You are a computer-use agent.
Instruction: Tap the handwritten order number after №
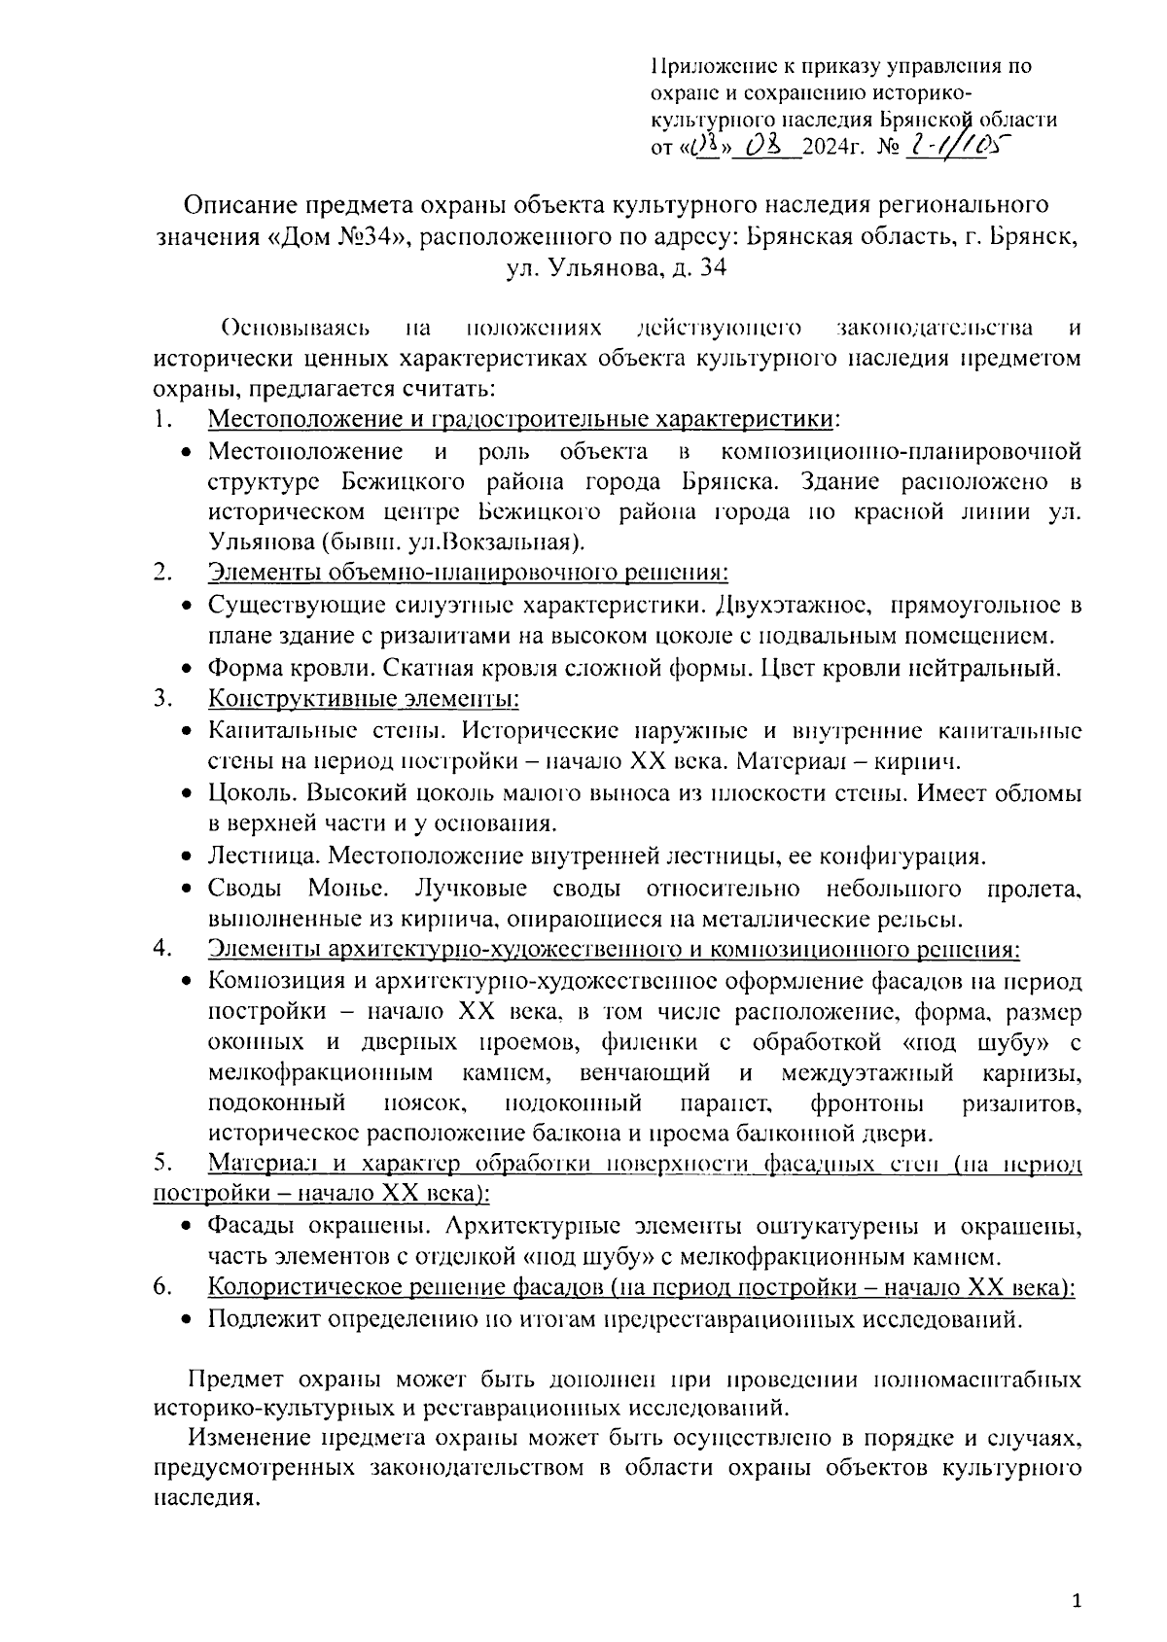(x=958, y=146)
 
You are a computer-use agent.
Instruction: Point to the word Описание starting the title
(x=241, y=205)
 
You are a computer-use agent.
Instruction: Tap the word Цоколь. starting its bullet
(x=246, y=793)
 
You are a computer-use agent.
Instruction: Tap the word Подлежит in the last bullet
(x=255, y=1320)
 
